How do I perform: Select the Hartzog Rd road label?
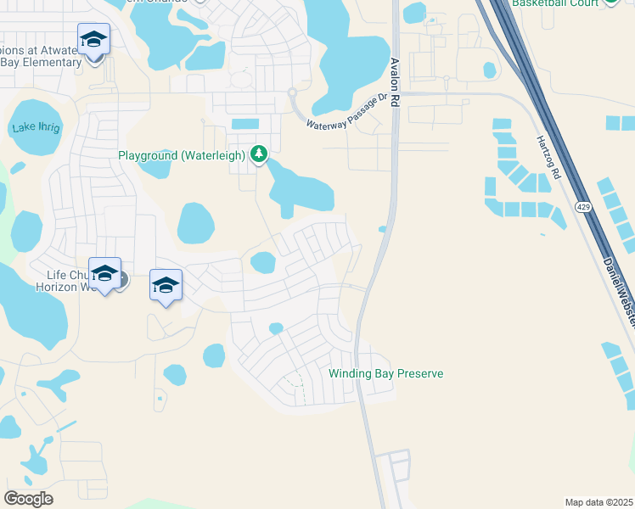(x=548, y=158)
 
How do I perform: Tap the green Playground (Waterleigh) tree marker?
(x=258, y=154)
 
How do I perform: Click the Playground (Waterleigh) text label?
(x=181, y=155)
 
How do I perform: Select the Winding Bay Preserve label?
(x=386, y=373)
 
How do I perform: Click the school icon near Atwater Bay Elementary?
(x=93, y=39)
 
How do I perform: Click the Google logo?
(x=28, y=498)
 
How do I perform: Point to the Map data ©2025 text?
(x=598, y=502)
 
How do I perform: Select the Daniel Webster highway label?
(x=619, y=288)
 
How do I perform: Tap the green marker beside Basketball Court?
(x=610, y=3)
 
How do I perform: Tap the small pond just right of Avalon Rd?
(x=383, y=229)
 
